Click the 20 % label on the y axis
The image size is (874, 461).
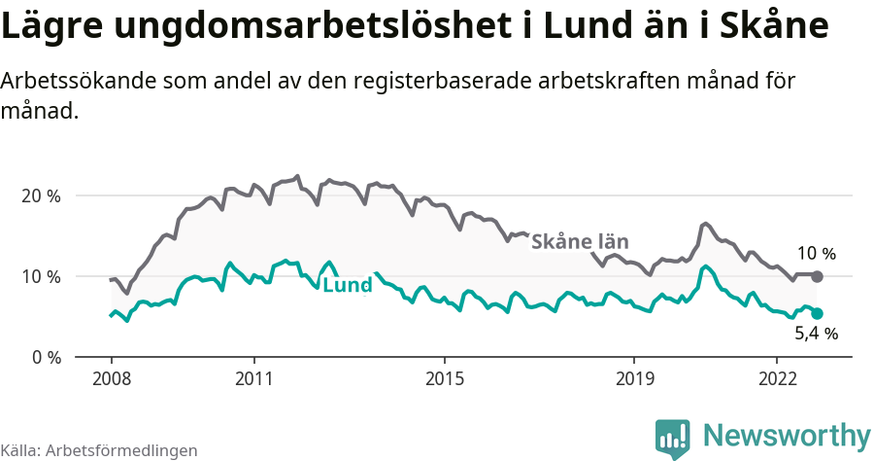(40, 195)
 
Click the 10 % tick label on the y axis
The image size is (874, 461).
(40, 276)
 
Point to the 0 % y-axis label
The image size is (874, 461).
(44, 357)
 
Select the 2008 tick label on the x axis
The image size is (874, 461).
(111, 377)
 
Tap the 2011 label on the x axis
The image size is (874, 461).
(253, 377)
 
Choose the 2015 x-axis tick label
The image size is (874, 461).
(444, 377)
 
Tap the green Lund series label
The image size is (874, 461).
(347, 286)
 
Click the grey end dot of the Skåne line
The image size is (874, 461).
(817, 277)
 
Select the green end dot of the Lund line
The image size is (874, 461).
(817, 313)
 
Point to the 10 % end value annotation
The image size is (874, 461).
(816, 254)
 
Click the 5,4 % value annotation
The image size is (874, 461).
(816, 334)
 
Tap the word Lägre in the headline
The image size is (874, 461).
(50, 26)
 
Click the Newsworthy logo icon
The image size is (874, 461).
(673, 438)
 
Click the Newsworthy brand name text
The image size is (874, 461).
(787, 435)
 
